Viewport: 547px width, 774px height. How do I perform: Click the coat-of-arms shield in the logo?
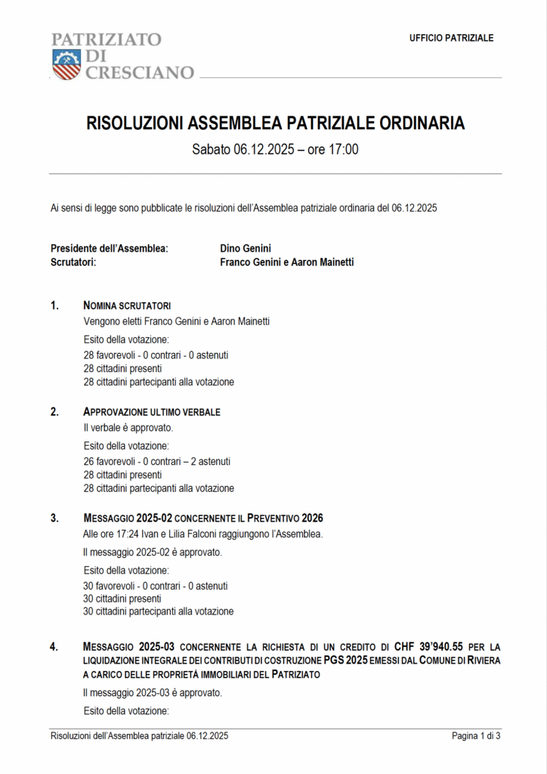66,64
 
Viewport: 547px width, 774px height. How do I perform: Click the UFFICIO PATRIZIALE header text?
451,38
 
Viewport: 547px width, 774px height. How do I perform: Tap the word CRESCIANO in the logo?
139,73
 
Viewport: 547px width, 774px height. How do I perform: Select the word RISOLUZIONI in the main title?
134,123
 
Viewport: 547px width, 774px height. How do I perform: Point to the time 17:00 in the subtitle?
343,149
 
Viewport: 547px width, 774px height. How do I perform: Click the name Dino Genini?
245,248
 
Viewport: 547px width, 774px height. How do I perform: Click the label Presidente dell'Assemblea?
109,248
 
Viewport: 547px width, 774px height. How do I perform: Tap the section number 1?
54,305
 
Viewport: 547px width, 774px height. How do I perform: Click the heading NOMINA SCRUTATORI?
127,305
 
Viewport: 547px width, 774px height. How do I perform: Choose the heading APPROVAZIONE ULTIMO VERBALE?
151,412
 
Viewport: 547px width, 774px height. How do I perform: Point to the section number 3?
54,518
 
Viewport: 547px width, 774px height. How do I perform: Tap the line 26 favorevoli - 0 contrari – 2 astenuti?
156,461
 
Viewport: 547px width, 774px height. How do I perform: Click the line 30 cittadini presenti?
122,598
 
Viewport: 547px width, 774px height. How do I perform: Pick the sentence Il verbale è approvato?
122,428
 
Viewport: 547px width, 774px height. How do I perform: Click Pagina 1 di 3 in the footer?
476,735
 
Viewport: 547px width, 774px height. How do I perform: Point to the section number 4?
54,647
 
